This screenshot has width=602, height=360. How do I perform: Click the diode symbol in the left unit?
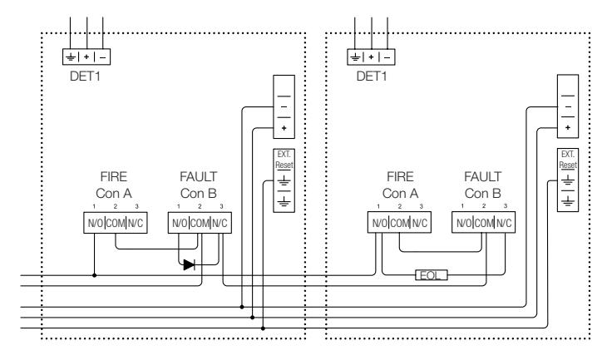189,265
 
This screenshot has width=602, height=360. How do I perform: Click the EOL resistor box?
432,275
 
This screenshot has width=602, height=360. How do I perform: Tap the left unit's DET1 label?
86,76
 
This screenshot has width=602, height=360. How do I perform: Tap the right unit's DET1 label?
372,76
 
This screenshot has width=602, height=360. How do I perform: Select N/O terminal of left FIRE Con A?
95,223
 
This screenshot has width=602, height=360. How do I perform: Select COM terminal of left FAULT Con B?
200,223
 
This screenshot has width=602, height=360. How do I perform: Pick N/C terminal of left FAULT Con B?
220,223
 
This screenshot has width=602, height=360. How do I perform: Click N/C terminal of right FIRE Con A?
420,223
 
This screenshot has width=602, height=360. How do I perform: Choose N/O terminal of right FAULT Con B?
463,223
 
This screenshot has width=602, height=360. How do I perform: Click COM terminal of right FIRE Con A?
400,223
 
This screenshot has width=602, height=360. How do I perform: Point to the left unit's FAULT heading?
199,177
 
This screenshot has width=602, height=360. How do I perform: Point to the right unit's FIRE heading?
400,177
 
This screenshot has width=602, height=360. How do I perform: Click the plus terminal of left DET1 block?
86,57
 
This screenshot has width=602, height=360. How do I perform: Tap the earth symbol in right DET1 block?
355,57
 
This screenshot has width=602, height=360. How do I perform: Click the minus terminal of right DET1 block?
387,57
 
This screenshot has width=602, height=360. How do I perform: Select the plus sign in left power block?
284,128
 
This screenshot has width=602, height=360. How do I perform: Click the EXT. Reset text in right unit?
568,160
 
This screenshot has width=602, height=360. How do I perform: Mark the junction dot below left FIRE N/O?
95,275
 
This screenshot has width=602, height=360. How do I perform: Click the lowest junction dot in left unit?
263,328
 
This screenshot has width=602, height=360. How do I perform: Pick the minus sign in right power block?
568,106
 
